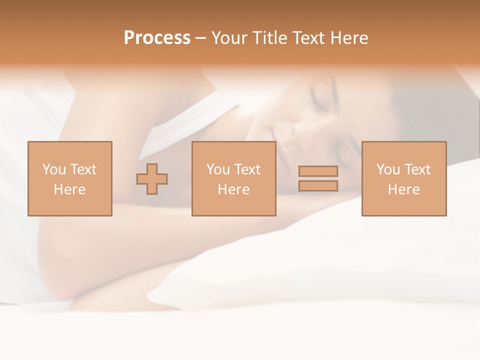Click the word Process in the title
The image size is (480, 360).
click(157, 38)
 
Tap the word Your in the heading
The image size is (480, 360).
click(229, 38)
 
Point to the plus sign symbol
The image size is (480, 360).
click(152, 179)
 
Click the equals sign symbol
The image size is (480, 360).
click(318, 178)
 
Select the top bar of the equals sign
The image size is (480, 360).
click(318, 171)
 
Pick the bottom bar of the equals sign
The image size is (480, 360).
click(318, 185)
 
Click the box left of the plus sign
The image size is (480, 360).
click(70, 178)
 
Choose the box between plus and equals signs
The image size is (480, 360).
click(234, 178)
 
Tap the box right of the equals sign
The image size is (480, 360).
click(404, 178)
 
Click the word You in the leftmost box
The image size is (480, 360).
click(53, 169)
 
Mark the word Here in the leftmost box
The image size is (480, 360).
click(70, 189)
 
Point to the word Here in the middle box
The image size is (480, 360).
click(234, 189)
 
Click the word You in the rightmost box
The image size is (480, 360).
click(387, 169)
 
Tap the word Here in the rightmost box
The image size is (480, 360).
click(404, 189)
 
